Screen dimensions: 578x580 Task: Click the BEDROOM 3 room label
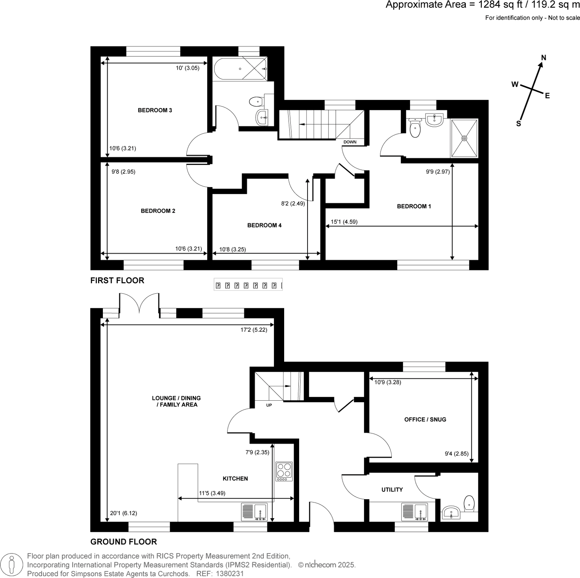click(155, 110)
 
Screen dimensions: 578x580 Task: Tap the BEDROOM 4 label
click(264, 225)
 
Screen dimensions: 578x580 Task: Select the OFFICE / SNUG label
click(425, 419)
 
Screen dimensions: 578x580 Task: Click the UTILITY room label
click(392, 489)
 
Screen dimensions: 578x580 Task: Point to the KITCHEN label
click(235, 478)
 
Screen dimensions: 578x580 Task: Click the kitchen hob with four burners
click(284, 471)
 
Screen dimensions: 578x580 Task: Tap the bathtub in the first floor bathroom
click(240, 69)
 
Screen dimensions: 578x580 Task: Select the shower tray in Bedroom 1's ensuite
click(464, 138)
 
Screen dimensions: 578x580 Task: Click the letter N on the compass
click(543, 58)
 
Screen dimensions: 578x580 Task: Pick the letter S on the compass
click(518, 124)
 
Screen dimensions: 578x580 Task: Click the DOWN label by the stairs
click(350, 142)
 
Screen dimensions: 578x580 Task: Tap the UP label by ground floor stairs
click(269, 405)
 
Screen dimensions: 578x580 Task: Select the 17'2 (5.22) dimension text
click(254, 330)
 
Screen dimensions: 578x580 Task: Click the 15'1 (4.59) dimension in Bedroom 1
click(344, 222)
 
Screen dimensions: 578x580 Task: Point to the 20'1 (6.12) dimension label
click(123, 513)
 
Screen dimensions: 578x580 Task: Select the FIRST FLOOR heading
click(117, 280)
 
